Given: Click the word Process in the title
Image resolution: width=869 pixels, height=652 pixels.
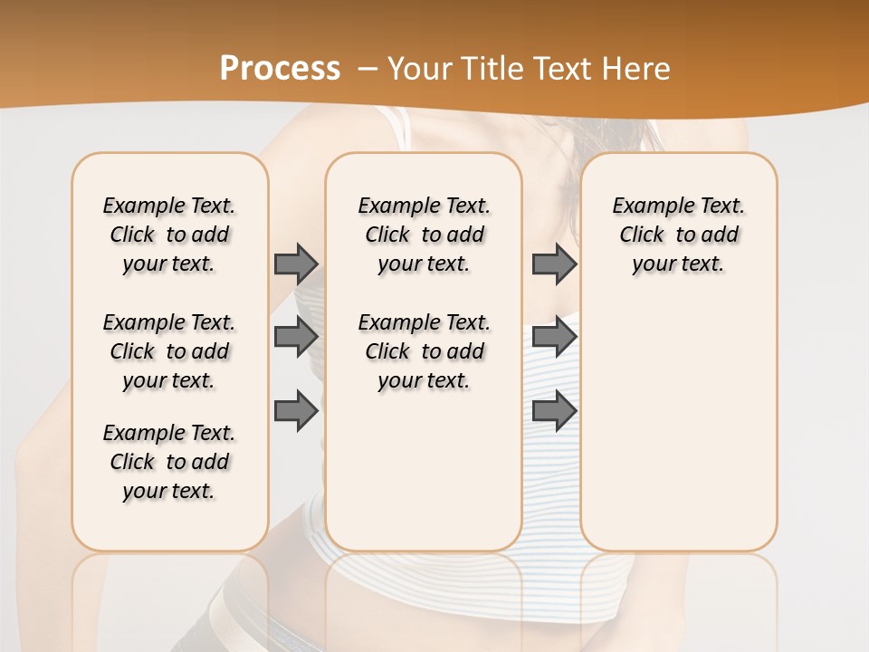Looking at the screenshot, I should [x=280, y=69].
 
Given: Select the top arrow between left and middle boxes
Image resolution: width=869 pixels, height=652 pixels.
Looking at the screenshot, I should [x=296, y=264].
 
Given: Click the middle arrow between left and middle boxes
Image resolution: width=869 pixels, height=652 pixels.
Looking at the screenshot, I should [x=296, y=337].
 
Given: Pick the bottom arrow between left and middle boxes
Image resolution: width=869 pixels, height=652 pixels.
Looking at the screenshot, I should [x=296, y=411].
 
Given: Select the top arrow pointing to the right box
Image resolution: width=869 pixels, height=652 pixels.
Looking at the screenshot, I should [x=554, y=264].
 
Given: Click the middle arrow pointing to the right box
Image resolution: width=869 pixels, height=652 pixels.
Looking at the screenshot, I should [x=554, y=337].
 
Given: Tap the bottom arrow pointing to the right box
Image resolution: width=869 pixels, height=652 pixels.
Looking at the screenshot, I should [x=554, y=411].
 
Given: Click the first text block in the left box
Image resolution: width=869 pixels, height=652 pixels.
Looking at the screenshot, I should [x=169, y=235].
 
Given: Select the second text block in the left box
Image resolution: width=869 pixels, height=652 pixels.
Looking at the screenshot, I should [x=169, y=351].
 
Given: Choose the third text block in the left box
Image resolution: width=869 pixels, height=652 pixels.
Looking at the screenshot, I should [x=169, y=462].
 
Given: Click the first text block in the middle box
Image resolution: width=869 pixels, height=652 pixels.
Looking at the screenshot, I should [x=425, y=235].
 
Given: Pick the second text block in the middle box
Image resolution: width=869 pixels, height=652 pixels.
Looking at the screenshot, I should [x=425, y=351].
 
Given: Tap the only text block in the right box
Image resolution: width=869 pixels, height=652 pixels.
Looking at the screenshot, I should [x=678, y=235].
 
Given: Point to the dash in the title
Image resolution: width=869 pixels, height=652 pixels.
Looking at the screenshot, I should [x=368, y=69].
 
